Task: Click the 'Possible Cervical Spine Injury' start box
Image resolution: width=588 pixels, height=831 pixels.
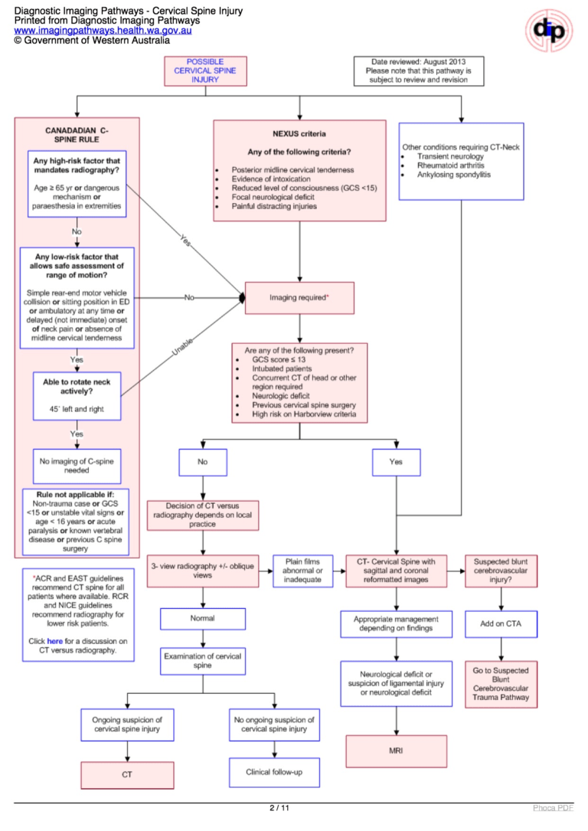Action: click(205, 70)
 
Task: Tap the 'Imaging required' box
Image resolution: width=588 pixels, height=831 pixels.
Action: click(299, 297)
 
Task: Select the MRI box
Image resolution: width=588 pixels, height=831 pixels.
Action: click(396, 751)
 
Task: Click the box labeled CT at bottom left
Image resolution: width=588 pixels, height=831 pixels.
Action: click(127, 774)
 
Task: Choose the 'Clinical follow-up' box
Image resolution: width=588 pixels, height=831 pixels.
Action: click(274, 772)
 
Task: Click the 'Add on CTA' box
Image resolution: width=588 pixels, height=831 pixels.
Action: click(501, 623)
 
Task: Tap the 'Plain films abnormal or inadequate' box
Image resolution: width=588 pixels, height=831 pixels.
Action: click(303, 571)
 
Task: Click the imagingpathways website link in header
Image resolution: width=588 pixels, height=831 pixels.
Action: click(103, 31)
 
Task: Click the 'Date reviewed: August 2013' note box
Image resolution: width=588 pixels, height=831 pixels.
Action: click(417, 70)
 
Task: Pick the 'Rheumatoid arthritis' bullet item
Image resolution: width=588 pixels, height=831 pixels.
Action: click(450, 165)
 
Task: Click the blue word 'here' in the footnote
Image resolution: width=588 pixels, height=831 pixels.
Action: click(55, 640)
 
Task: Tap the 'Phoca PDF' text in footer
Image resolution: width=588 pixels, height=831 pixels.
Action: click(553, 808)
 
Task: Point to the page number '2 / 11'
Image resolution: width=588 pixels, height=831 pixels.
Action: click(279, 808)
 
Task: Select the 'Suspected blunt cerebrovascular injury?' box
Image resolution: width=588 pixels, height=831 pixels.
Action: click(501, 571)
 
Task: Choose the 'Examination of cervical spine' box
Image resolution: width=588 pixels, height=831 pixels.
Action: click(202, 661)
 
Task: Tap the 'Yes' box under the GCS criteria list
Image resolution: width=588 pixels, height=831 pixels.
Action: click(396, 462)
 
